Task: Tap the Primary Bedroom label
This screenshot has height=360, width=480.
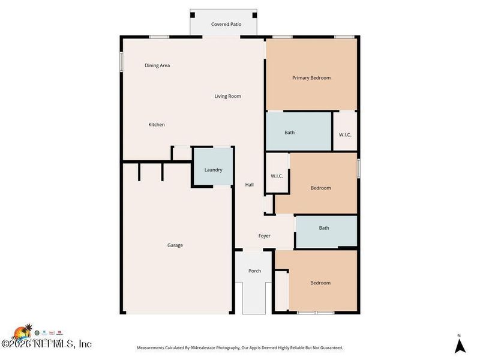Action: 311,78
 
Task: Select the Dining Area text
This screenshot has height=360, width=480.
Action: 157,65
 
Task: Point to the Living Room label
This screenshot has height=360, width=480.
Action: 227,96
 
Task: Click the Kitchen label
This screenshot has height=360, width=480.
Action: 157,125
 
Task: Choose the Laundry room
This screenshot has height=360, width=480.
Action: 213,170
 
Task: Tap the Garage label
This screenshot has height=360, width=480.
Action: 175,245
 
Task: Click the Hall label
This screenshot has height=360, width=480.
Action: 250,185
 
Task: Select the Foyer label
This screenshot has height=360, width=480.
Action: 264,236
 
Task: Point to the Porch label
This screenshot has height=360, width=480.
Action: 255,271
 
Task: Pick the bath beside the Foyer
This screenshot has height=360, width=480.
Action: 324,228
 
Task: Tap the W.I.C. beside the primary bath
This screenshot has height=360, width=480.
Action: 345,134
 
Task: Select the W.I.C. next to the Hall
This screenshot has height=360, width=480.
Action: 277,176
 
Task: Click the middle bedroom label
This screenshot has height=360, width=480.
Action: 320,188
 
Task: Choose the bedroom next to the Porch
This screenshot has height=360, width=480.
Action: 320,283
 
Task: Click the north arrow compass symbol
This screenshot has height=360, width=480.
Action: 459,345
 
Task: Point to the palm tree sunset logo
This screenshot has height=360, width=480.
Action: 22,332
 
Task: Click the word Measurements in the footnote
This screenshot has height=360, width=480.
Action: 152,348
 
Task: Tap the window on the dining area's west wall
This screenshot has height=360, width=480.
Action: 121,62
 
